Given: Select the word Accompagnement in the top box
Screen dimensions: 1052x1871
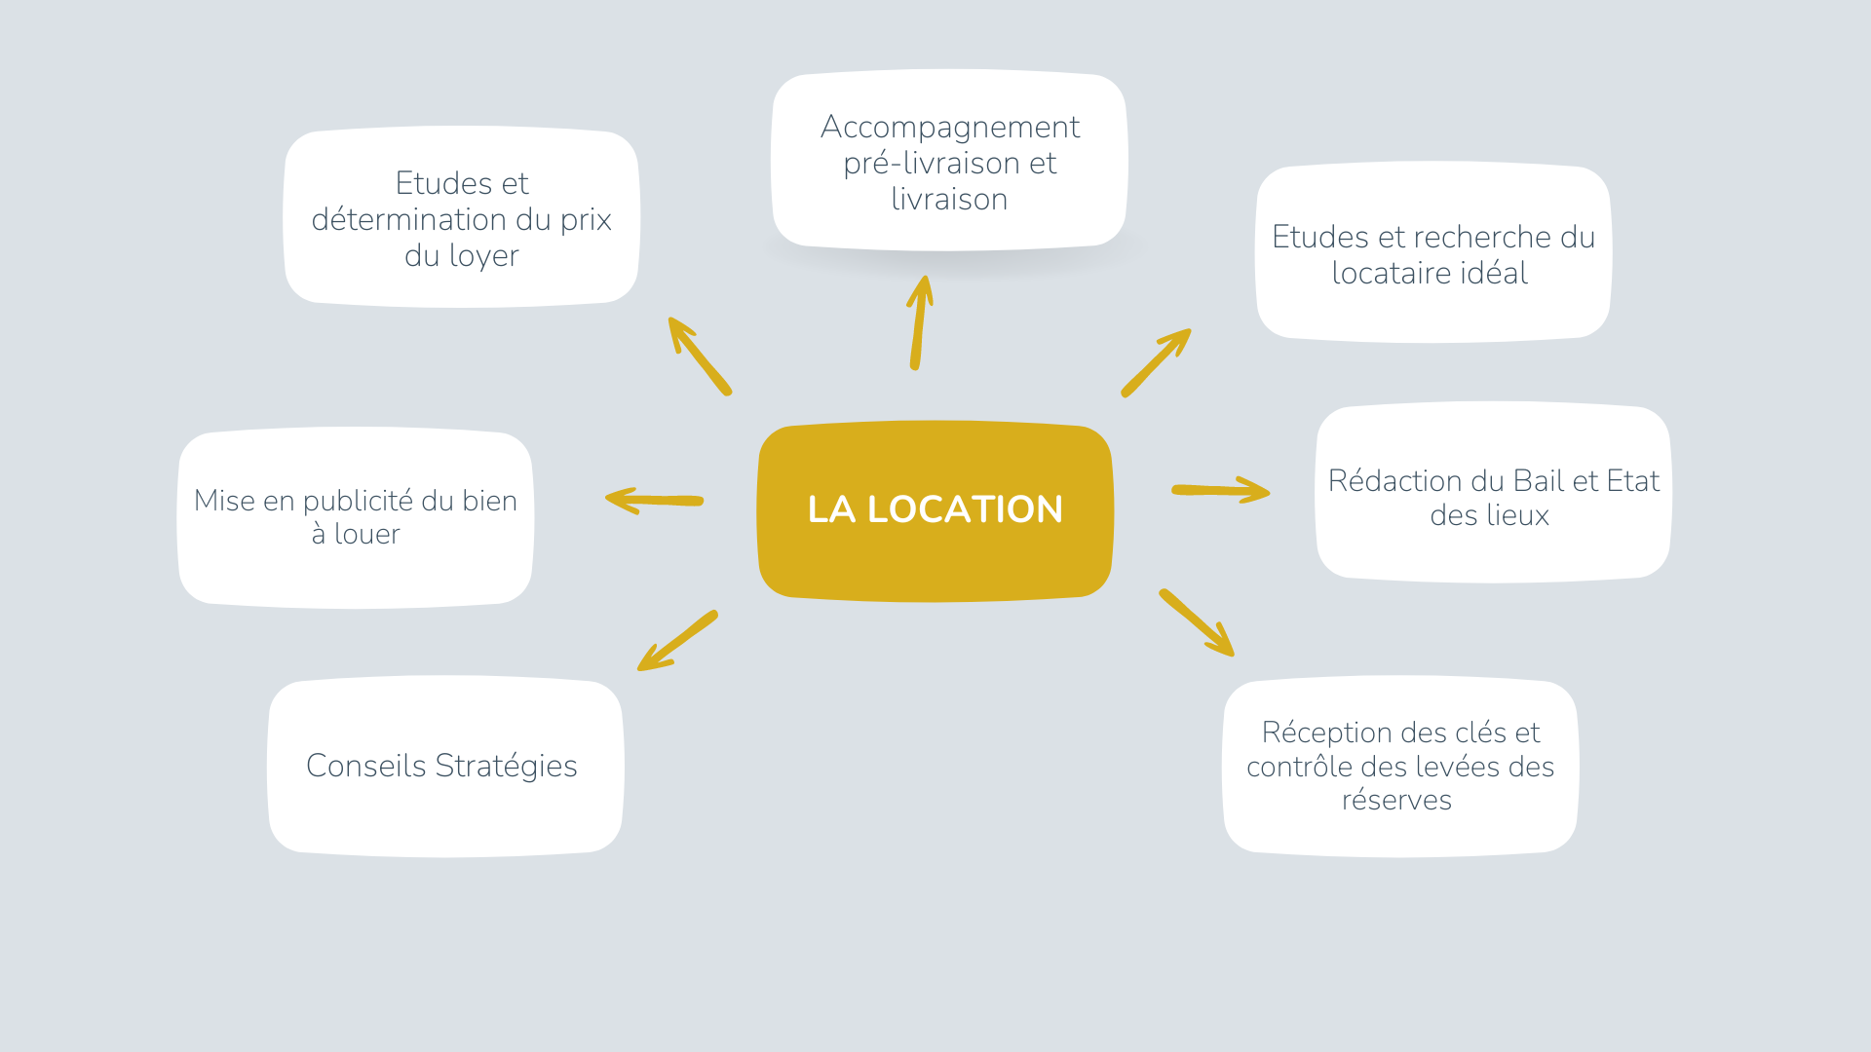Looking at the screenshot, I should tap(949, 127).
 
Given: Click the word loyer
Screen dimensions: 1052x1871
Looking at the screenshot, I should tap(483, 256).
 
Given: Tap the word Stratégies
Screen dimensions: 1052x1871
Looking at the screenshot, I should tap(506, 767).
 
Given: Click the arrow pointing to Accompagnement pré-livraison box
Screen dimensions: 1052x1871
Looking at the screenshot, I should tap(919, 322).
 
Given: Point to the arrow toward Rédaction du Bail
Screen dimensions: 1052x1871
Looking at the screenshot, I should tap(1220, 490).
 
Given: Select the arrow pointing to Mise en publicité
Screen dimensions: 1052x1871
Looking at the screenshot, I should tap(654, 501).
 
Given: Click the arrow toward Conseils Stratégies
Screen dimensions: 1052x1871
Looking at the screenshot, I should tap(678, 641).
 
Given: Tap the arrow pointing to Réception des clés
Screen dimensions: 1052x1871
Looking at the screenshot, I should tap(1197, 622).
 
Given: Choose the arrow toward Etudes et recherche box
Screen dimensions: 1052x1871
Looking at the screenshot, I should tap(1156, 362).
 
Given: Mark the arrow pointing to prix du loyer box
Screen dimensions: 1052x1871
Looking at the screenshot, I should tap(699, 356).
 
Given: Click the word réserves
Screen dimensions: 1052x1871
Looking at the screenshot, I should tap(1396, 801).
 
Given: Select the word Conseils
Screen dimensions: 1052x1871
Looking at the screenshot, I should tap(365, 767).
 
